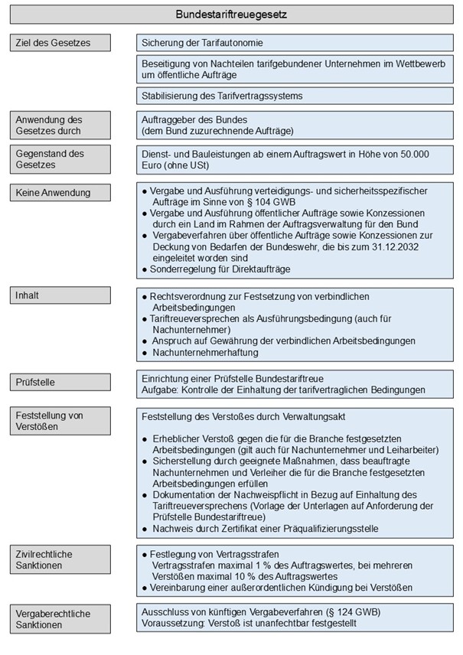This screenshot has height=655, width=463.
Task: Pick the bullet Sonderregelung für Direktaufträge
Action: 222,269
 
